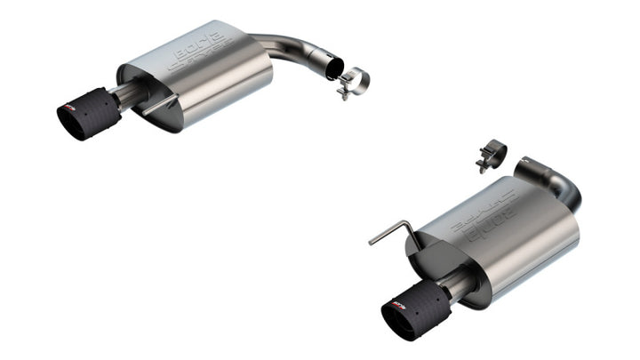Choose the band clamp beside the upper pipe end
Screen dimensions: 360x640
pyautogui.click(x=356, y=82)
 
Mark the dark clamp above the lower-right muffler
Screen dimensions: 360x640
pyautogui.click(x=491, y=153)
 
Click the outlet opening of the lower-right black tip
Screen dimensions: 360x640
pyautogui.click(x=396, y=319)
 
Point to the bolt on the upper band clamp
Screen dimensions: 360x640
pyautogui.click(x=346, y=92)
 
